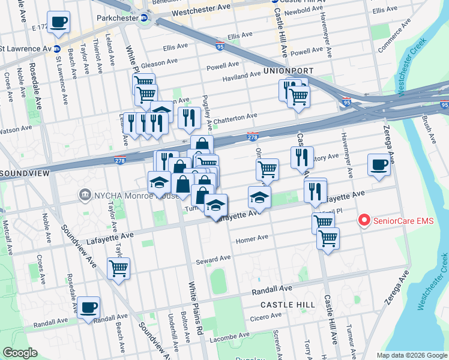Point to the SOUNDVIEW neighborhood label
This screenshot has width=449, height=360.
(23, 173)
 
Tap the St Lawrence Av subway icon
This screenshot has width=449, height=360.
(56, 49)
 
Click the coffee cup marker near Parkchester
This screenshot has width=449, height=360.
(58, 23)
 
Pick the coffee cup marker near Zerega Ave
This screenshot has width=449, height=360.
(379, 164)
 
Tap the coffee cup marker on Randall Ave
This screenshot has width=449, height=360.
(89, 308)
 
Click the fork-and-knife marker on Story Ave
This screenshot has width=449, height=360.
(302, 157)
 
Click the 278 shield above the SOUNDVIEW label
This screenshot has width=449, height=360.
(120, 160)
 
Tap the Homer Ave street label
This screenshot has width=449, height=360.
(252, 238)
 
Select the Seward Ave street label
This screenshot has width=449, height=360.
(214, 259)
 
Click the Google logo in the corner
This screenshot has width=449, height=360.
(20, 353)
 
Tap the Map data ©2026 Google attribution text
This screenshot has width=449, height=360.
(412, 355)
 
